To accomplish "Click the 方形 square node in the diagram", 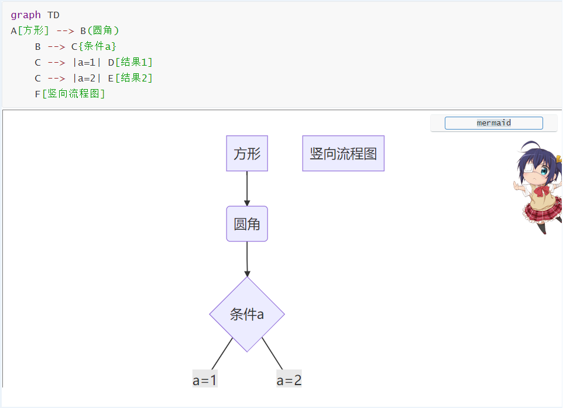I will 247,154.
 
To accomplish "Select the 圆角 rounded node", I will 247,224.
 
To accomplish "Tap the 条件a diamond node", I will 247,314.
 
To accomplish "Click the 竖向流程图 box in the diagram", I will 343,154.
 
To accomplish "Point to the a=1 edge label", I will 205,380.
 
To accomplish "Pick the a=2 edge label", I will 289,380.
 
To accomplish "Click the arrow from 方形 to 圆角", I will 247,188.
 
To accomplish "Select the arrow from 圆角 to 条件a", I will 247,258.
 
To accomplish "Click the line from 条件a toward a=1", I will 222,353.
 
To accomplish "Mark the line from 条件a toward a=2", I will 272,353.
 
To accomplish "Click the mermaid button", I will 493,123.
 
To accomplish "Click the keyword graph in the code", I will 26,15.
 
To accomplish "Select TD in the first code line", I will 53,15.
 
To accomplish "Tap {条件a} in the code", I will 98,46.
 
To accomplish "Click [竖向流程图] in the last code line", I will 74,94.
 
